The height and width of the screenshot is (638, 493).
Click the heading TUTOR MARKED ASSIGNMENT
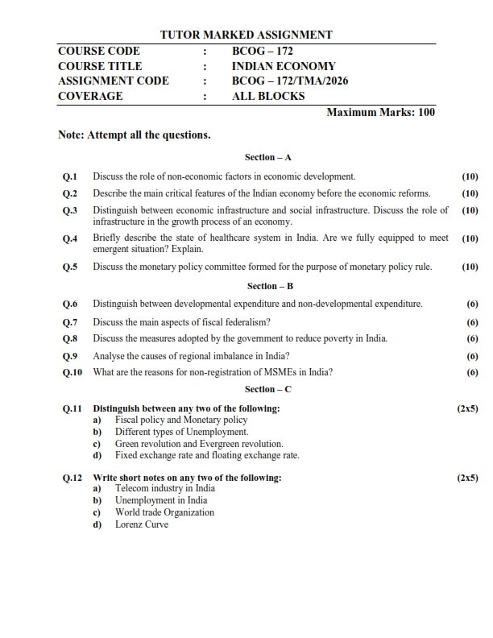click(x=246, y=35)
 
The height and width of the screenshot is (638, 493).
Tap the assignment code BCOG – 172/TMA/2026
click(x=290, y=81)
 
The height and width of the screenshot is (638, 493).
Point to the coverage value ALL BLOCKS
click(x=268, y=96)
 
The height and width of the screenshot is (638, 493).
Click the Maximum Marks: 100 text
click(x=380, y=112)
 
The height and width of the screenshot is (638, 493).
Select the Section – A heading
click(x=268, y=157)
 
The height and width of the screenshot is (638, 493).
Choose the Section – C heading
click(x=268, y=389)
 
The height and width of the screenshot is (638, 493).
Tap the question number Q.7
click(x=70, y=321)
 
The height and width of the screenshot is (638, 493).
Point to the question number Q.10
click(x=72, y=372)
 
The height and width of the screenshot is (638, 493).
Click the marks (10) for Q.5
click(x=470, y=267)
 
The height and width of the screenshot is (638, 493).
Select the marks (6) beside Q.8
click(x=472, y=338)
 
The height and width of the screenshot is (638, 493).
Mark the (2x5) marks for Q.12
click(x=467, y=478)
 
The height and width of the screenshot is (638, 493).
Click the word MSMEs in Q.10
click(x=275, y=372)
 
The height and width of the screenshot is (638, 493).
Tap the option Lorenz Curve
click(x=142, y=524)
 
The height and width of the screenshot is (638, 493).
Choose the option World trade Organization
click(x=164, y=512)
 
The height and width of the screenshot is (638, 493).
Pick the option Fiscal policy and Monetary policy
click(x=181, y=420)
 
